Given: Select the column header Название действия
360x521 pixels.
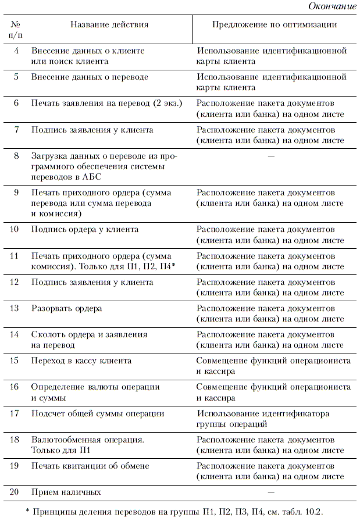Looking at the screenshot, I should point(109,25).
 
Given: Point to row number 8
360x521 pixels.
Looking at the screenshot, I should point(16,156).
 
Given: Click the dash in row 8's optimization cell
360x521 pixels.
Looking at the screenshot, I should point(270,156).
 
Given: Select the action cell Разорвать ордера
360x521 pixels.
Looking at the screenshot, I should point(67,308).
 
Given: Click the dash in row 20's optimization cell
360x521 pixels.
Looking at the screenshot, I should point(270,492).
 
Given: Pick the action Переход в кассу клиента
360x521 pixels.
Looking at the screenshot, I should point(81,361).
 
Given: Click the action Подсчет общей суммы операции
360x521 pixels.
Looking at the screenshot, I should point(98,413).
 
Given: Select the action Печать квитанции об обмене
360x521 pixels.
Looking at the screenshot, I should point(90,466).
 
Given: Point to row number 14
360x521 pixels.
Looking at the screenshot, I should point(16,334).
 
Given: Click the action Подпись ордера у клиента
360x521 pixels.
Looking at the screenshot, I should point(85,229).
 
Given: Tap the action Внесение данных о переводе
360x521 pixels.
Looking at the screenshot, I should point(90,77).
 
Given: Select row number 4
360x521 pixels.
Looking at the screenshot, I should point(16,51).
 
